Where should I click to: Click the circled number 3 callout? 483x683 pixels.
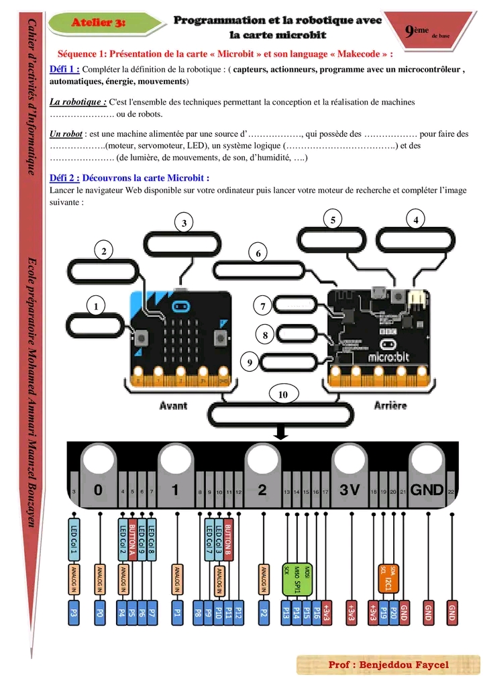[x=184, y=223]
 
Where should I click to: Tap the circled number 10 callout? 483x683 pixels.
[x=282, y=395]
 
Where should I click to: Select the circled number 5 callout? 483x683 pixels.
[x=332, y=219]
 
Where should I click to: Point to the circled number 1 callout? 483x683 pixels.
[x=97, y=306]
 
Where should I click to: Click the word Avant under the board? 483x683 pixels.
[x=173, y=405]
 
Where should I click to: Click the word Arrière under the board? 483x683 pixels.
[x=390, y=405]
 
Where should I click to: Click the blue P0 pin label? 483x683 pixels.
[x=100, y=613]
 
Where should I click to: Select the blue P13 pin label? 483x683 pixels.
[x=286, y=613]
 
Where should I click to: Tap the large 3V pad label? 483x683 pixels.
[x=350, y=490]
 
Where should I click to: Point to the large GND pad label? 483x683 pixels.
[x=427, y=490]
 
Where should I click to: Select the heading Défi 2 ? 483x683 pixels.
[x=65, y=178]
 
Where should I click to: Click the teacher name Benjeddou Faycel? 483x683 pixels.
[x=388, y=665]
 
